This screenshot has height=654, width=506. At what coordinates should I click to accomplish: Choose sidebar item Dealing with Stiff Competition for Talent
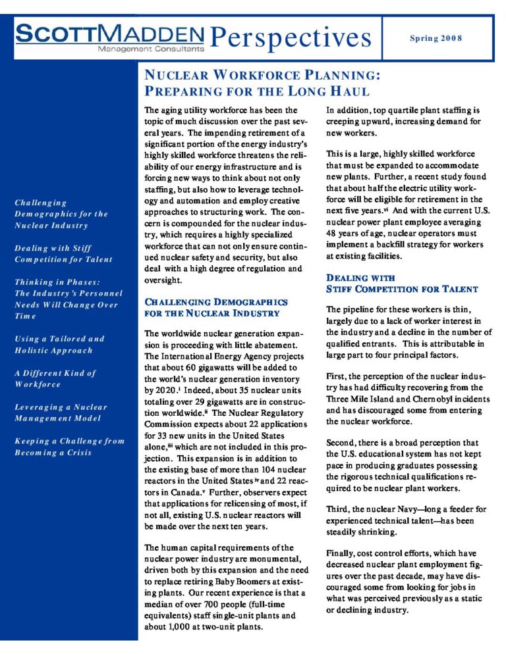[63, 253]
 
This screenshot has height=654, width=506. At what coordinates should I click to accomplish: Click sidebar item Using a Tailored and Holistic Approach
[59, 344]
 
